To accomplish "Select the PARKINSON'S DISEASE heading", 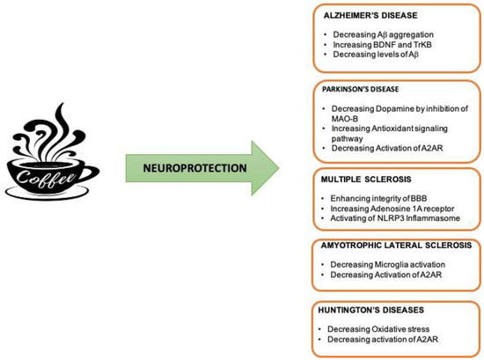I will [x=356, y=88].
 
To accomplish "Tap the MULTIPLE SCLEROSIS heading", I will [x=353, y=180].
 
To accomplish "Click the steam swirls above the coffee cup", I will [x=53, y=132].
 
